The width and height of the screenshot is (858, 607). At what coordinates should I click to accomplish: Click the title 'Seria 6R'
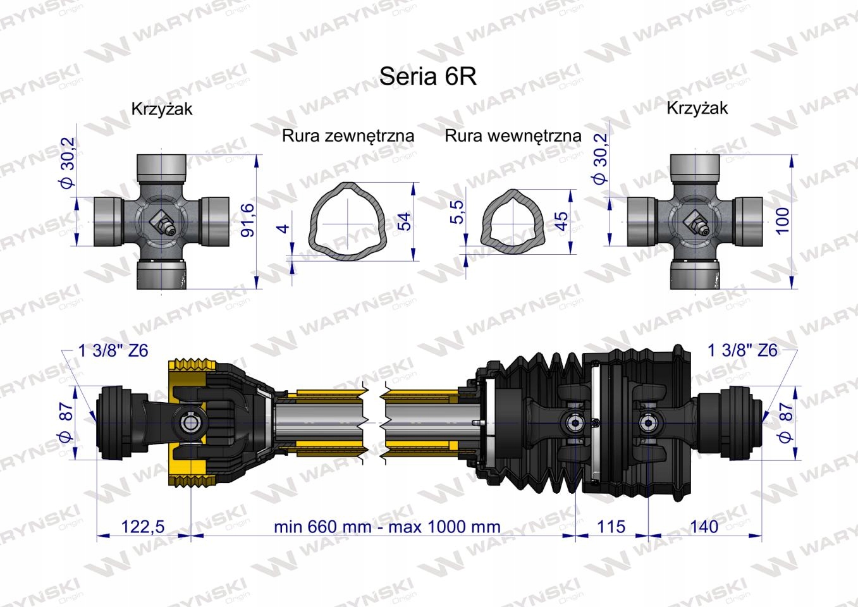point(427,77)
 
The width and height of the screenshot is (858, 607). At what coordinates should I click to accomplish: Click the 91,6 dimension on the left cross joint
point(249,219)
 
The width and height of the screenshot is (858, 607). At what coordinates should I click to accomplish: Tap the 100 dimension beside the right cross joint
point(783,220)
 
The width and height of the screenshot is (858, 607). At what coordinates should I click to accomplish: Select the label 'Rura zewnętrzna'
point(348,136)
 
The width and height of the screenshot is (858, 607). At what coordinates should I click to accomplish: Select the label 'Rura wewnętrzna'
point(513,136)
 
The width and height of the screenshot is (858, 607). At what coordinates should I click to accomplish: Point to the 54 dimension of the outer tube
point(403,221)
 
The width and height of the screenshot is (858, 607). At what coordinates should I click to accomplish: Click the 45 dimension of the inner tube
point(561,221)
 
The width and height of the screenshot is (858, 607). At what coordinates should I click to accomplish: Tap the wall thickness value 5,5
point(458,211)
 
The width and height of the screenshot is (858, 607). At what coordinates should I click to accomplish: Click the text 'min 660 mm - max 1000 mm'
point(387,526)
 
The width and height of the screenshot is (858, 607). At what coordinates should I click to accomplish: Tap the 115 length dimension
point(611,526)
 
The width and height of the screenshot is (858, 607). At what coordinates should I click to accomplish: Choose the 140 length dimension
point(704,526)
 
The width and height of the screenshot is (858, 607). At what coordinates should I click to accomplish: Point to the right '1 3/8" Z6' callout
point(742,350)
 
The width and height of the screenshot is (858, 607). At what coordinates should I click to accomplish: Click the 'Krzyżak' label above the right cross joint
point(697,108)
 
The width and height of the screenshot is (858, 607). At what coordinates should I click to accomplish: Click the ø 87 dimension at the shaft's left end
point(66,422)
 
